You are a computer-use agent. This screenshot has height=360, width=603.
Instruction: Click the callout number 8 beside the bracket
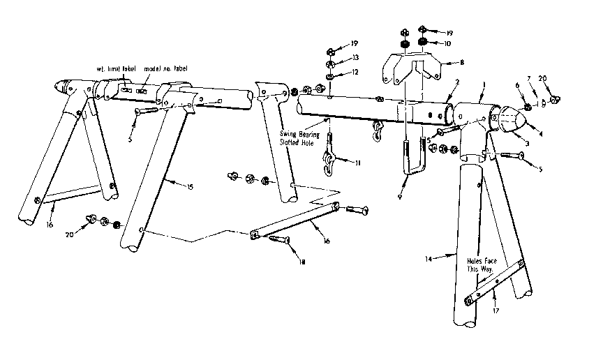pyautogui.click(x=461, y=62)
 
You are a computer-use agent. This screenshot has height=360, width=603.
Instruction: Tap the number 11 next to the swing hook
pyautogui.click(x=358, y=163)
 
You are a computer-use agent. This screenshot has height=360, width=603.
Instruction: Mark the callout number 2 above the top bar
pyautogui.click(x=456, y=82)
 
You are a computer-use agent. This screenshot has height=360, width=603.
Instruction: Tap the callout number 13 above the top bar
pyautogui.click(x=355, y=58)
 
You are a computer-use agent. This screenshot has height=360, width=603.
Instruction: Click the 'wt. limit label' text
pyautogui.click(x=114, y=69)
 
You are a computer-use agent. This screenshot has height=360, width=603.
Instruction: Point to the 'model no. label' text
pyautogui.click(x=165, y=69)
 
